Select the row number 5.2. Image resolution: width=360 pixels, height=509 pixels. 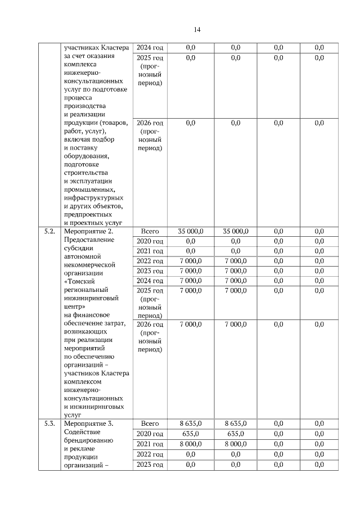(49, 231)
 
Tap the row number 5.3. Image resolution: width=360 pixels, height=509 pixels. (49, 424)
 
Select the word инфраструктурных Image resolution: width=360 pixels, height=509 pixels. (94, 197)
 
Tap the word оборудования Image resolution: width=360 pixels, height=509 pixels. (87, 156)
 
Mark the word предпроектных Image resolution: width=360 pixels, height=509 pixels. (88, 214)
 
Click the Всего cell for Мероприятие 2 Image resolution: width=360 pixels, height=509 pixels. (150, 231)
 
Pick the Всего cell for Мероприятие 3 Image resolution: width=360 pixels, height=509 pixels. (150, 424)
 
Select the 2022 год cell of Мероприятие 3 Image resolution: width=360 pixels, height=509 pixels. (150, 454)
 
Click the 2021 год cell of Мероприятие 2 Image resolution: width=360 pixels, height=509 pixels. (150, 251)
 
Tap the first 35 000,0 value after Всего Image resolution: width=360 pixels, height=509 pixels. (191, 231)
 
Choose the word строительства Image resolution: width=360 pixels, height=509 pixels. (87, 173)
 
